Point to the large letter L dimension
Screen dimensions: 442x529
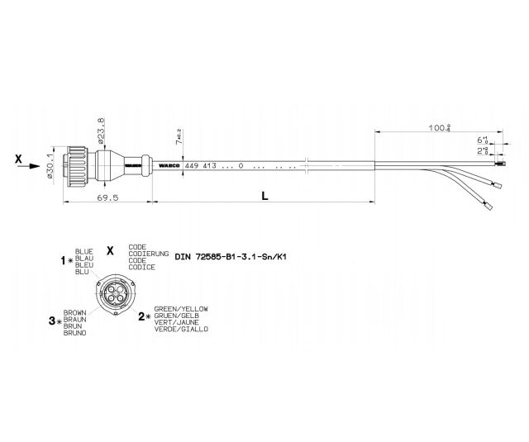[264, 197]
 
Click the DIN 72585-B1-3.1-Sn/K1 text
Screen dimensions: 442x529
[231, 257]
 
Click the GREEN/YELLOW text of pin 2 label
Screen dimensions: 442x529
[181, 308]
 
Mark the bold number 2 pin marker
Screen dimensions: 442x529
[142, 316]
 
